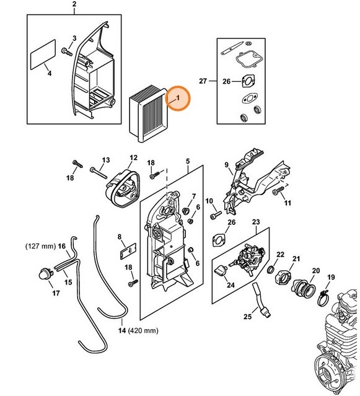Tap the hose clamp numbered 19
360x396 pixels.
coord(322,298)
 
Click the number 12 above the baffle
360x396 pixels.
coord(133,158)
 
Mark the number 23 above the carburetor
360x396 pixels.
coord(255,221)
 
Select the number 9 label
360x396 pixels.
coord(226,165)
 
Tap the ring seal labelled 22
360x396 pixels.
coord(272,270)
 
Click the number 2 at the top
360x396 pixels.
coord(74,7)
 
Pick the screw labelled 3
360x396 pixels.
coord(66,48)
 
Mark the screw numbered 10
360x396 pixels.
coord(215,215)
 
